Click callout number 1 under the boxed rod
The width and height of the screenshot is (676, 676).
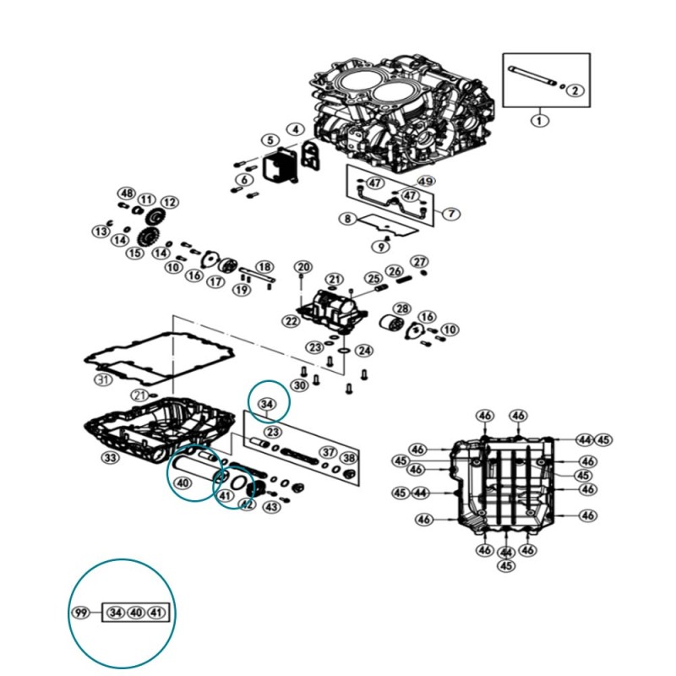(x=539, y=120)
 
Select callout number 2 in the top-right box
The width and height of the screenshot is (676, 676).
(x=574, y=90)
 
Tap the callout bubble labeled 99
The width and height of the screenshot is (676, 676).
(x=81, y=613)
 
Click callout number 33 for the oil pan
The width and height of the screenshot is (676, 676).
(x=111, y=458)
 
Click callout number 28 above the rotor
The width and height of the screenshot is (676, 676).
(x=402, y=308)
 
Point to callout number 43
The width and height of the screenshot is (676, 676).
(x=271, y=507)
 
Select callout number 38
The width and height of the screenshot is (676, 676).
(x=349, y=459)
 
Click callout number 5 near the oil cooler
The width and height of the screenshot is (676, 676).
(x=269, y=140)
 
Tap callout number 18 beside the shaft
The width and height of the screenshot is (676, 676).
(x=264, y=267)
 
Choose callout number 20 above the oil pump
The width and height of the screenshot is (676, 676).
(x=304, y=268)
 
